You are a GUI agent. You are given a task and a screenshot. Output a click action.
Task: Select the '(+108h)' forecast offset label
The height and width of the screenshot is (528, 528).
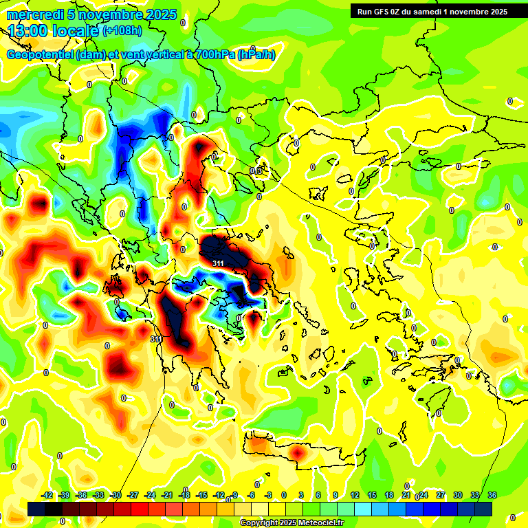(x=122, y=31)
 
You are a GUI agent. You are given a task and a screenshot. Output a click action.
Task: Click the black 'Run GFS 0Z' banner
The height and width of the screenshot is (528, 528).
(x=431, y=11)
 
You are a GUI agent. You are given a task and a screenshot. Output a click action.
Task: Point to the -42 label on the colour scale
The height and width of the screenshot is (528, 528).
(x=47, y=496)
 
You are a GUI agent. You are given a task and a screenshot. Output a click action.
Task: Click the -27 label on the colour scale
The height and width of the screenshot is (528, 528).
(x=133, y=496)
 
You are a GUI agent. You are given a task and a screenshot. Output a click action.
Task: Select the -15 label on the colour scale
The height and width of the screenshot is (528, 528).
(x=201, y=496)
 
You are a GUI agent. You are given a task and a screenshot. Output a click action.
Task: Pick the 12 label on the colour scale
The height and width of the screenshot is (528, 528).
(x=355, y=496)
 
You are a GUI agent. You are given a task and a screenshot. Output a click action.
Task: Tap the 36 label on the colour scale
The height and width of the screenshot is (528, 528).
(x=492, y=496)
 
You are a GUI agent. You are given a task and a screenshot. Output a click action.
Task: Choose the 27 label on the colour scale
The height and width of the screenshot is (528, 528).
(x=440, y=496)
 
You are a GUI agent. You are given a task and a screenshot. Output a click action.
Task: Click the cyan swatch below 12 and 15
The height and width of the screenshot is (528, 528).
(x=363, y=509)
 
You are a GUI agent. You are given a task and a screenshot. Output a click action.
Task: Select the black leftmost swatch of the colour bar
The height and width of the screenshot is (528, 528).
(x=37, y=509)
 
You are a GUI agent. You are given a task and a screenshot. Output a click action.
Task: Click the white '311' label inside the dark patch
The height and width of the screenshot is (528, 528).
(x=218, y=263)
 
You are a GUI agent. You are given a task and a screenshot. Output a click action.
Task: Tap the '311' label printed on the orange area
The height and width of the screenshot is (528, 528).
(x=156, y=339)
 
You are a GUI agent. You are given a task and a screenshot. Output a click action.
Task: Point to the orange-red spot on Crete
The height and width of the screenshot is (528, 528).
(x=297, y=454)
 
